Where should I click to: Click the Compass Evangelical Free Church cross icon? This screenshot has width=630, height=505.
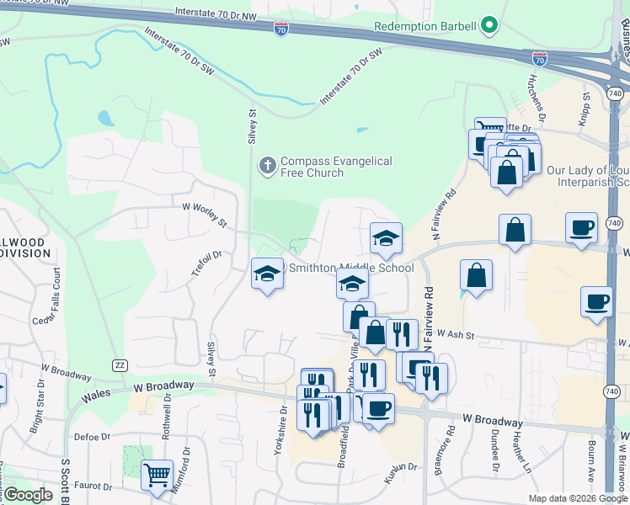tap(267, 166)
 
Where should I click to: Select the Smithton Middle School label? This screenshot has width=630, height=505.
tap(351, 268)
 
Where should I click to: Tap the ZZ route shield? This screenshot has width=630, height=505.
tap(119, 364)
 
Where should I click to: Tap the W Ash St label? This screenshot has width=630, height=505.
tap(452, 336)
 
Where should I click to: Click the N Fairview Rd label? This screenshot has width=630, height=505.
tap(429, 319)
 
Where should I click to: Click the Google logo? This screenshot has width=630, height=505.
tap(28, 495)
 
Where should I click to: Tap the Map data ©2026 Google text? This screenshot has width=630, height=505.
tap(577, 498)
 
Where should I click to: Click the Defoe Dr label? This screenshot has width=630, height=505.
tap(93, 437)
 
